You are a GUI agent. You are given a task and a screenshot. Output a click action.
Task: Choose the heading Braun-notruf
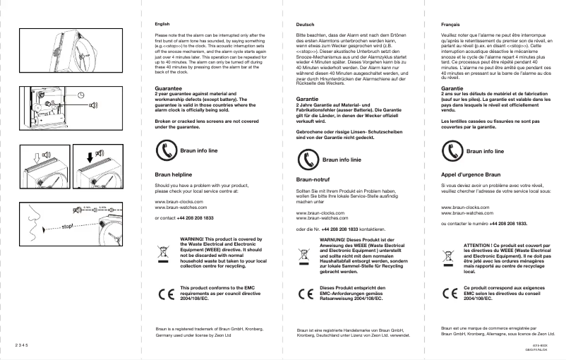[315, 181]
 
